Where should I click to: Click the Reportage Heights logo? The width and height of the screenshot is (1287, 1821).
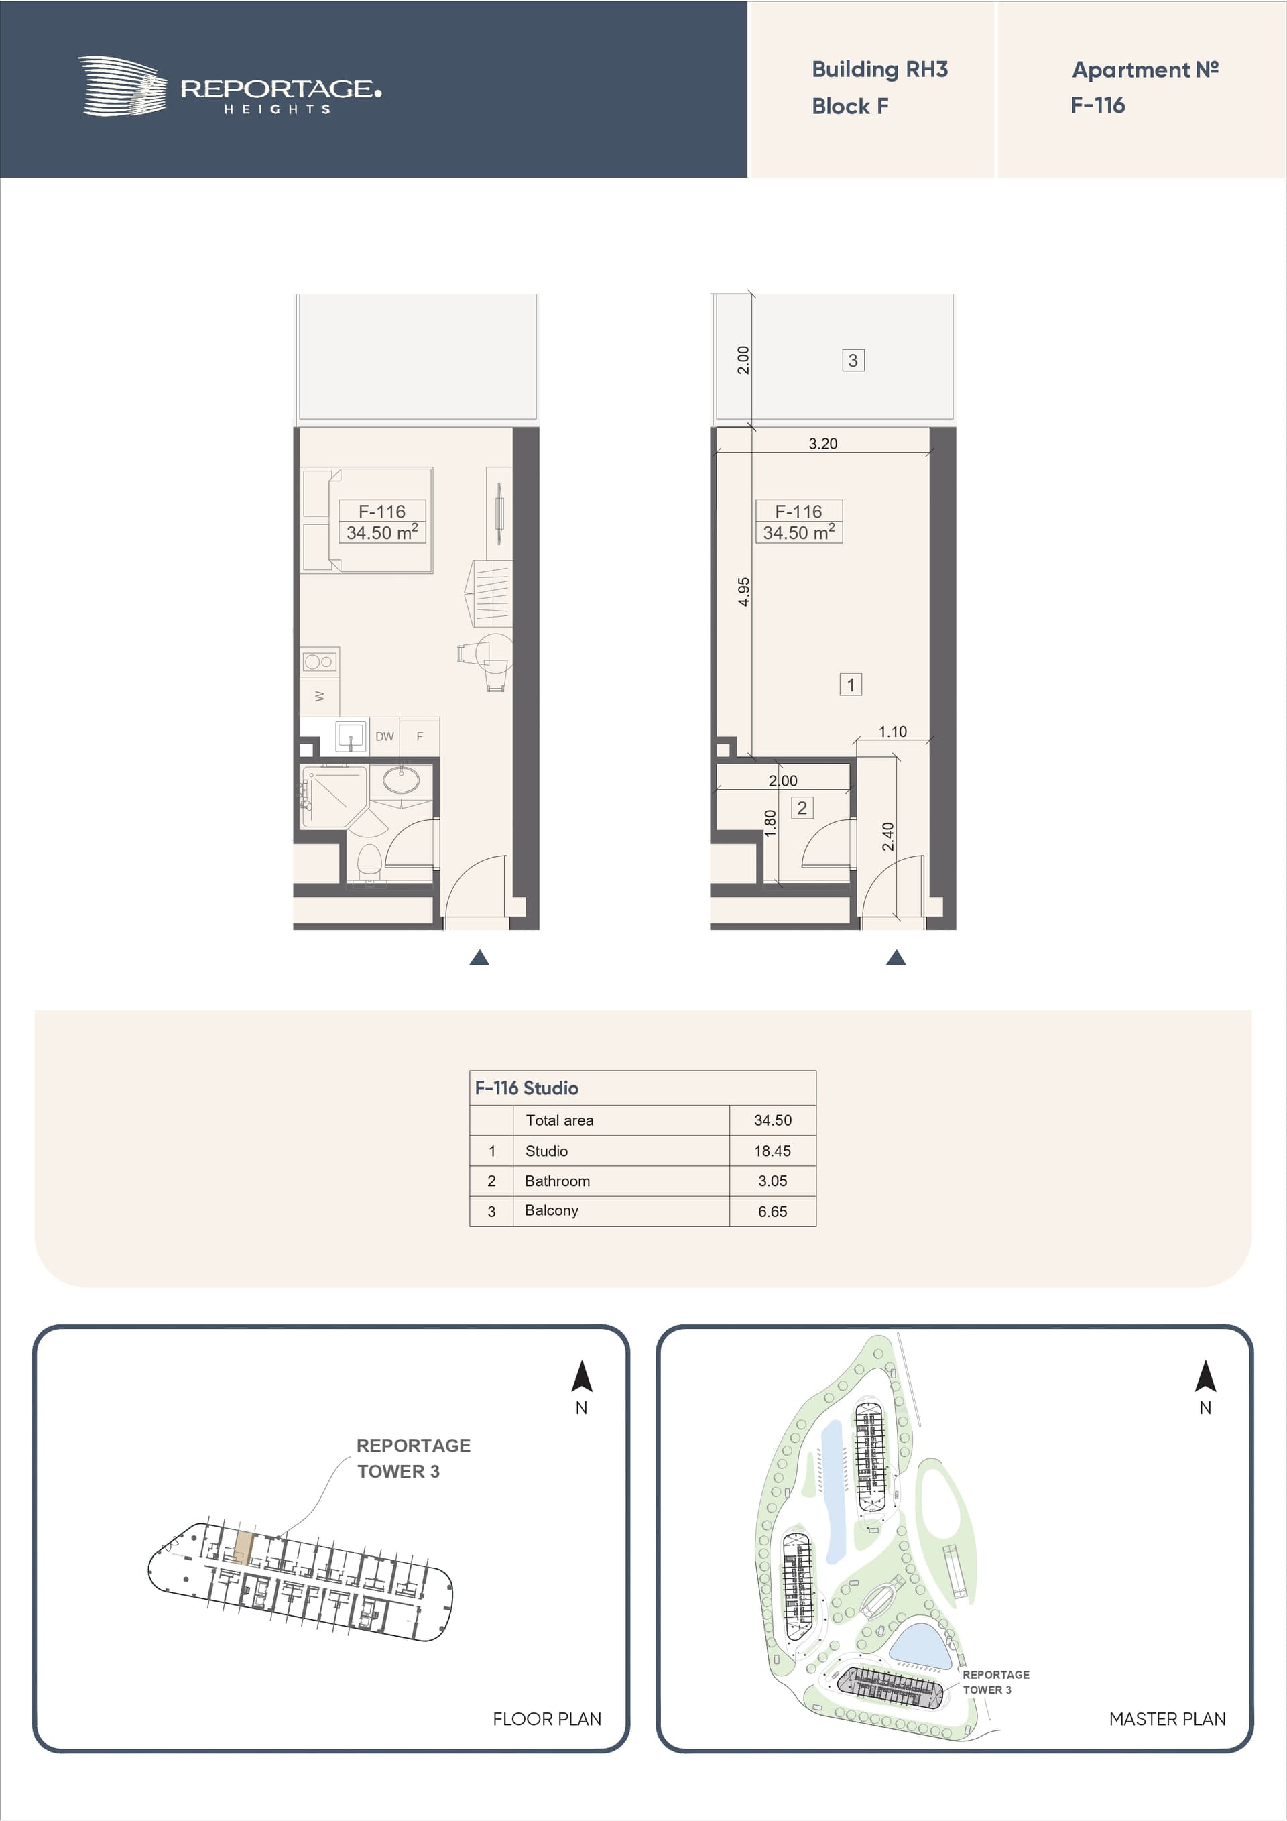[229, 86]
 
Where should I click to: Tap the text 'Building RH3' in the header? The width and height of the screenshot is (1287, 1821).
[879, 70]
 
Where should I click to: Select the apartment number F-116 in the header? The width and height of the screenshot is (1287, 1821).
[1097, 105]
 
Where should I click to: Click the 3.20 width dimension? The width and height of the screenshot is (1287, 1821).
[822, 443]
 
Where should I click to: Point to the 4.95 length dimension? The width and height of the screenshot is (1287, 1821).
[743, 591]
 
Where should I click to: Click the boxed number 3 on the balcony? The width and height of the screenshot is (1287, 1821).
[853, 361]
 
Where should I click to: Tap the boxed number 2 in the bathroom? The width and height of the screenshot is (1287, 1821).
[802, 807]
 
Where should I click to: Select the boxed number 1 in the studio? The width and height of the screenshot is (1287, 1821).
[851, 685]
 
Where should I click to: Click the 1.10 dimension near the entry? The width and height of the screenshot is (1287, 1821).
[892, 731]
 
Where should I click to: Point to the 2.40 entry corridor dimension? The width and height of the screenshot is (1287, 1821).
[887, 837]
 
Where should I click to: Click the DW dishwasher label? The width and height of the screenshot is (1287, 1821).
[385, 736]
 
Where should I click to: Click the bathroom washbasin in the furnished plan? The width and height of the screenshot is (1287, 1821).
[402, 780]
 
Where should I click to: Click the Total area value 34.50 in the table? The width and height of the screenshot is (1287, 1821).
[772, 1120]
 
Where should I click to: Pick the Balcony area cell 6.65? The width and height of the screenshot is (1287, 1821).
[772, 1211]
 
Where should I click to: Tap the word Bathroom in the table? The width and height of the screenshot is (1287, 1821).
[558, 1181]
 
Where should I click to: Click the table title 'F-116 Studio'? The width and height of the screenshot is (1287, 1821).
[527, 1088]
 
